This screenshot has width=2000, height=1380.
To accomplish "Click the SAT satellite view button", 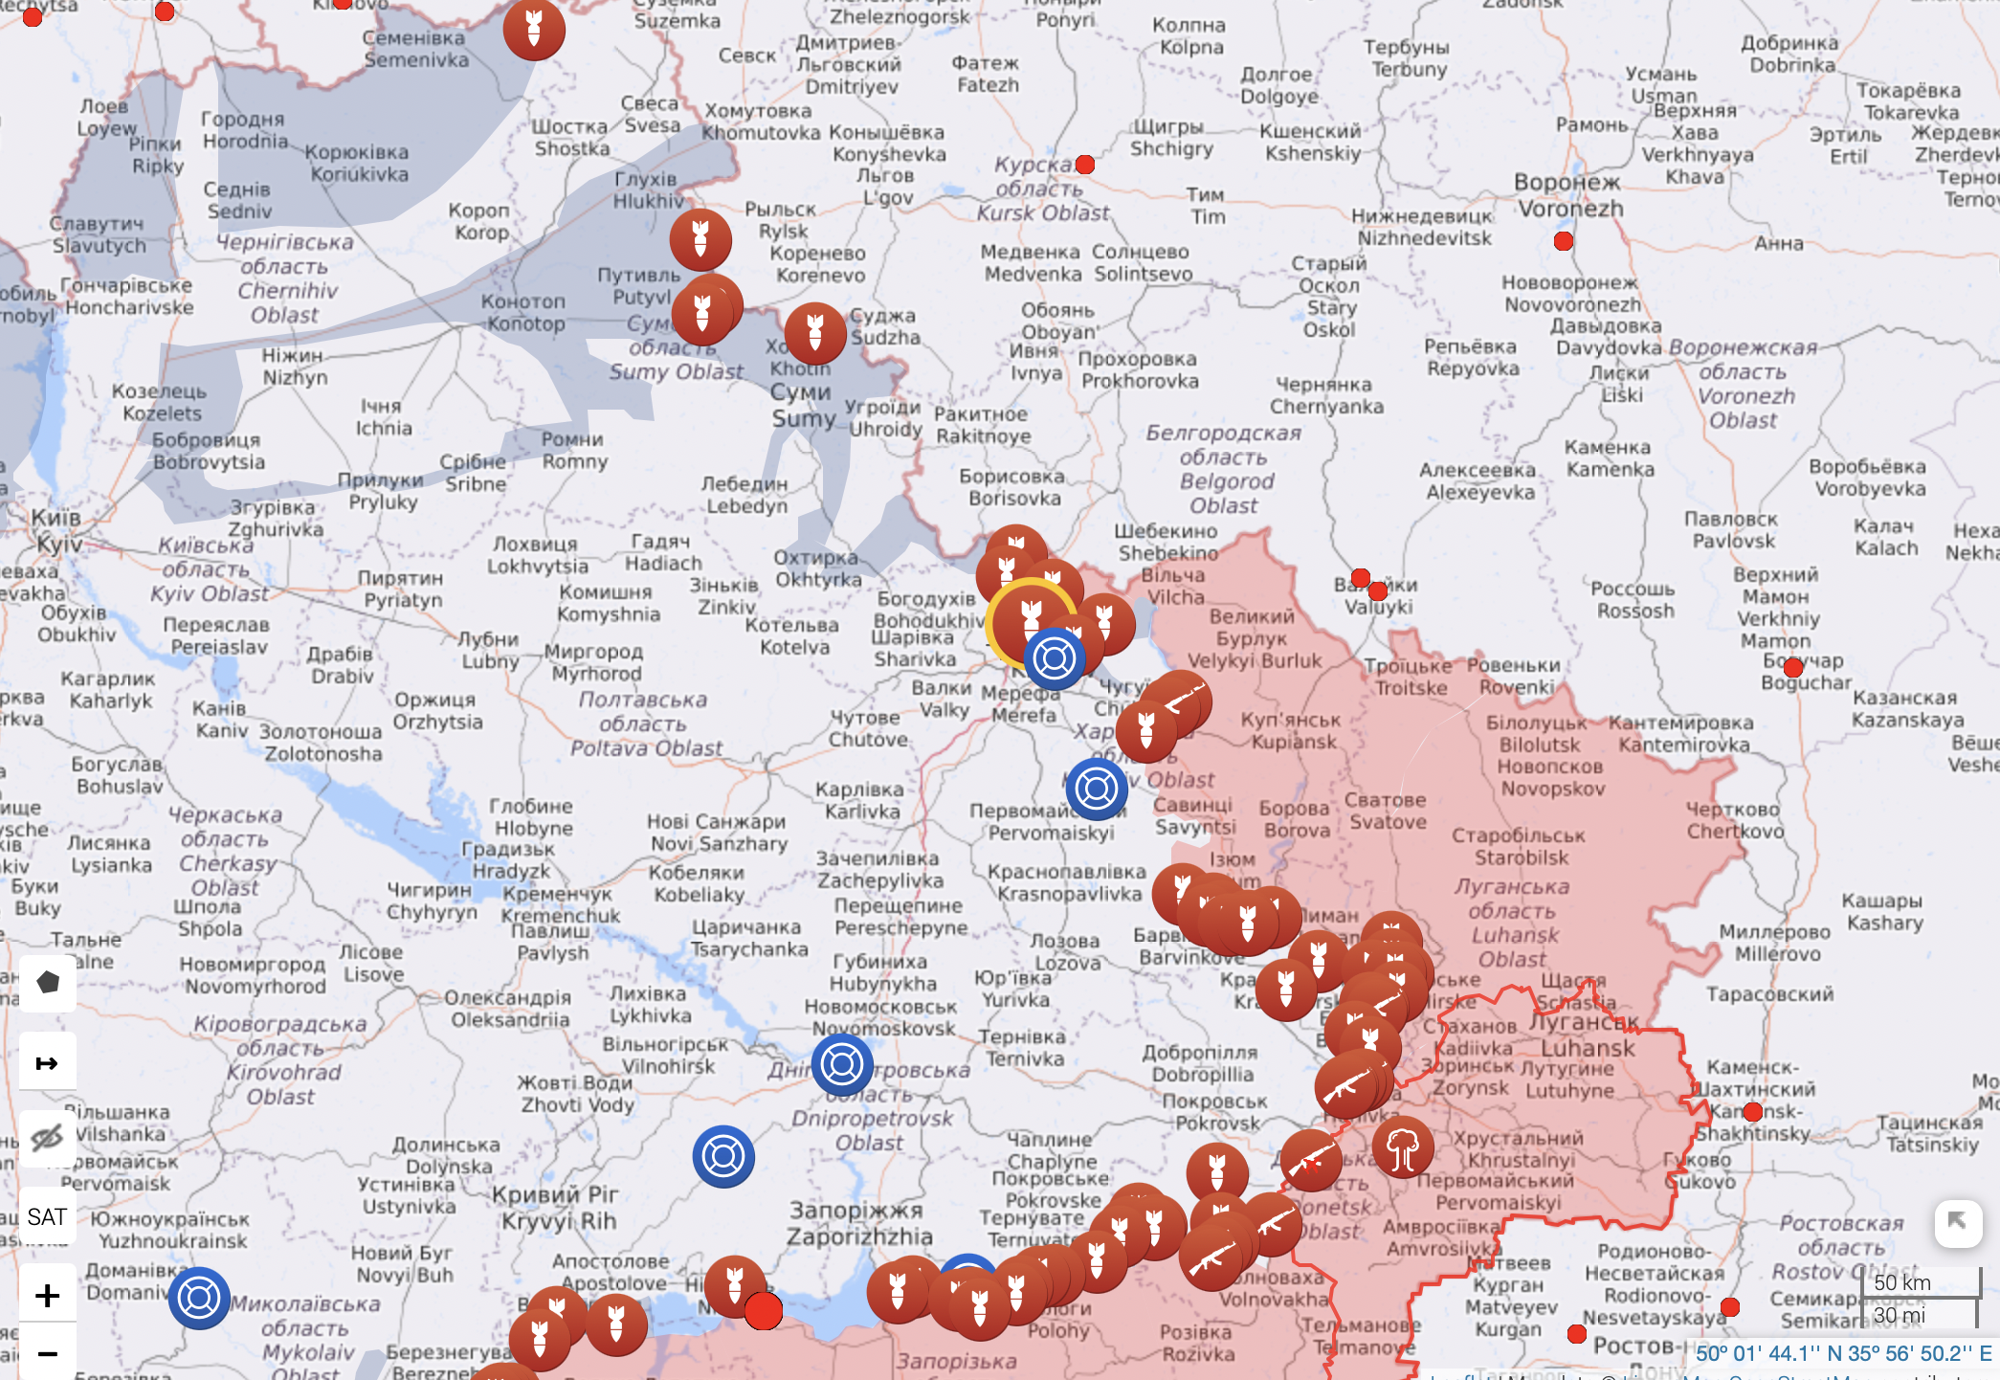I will tap(47, 1216).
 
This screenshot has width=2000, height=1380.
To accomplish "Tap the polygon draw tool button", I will tap(47, 982).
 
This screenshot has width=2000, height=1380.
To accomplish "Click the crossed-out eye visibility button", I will tap(47, 1138).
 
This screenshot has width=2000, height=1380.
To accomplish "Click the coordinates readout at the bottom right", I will tap(1843, 1353).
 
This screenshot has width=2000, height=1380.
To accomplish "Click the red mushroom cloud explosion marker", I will tap(1402, 1147).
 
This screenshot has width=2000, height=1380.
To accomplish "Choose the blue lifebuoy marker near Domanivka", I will tap(199, 1298).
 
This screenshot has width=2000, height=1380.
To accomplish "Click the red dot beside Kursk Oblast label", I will tap(1084, 165).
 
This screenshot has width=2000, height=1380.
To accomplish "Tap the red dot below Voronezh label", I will tap(1564, 241).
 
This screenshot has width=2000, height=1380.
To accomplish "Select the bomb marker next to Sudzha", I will tap(815, 333).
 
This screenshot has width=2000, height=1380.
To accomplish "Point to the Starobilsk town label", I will tap(1519, 846).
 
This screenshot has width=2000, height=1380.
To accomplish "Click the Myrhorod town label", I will tap(594, 662).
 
